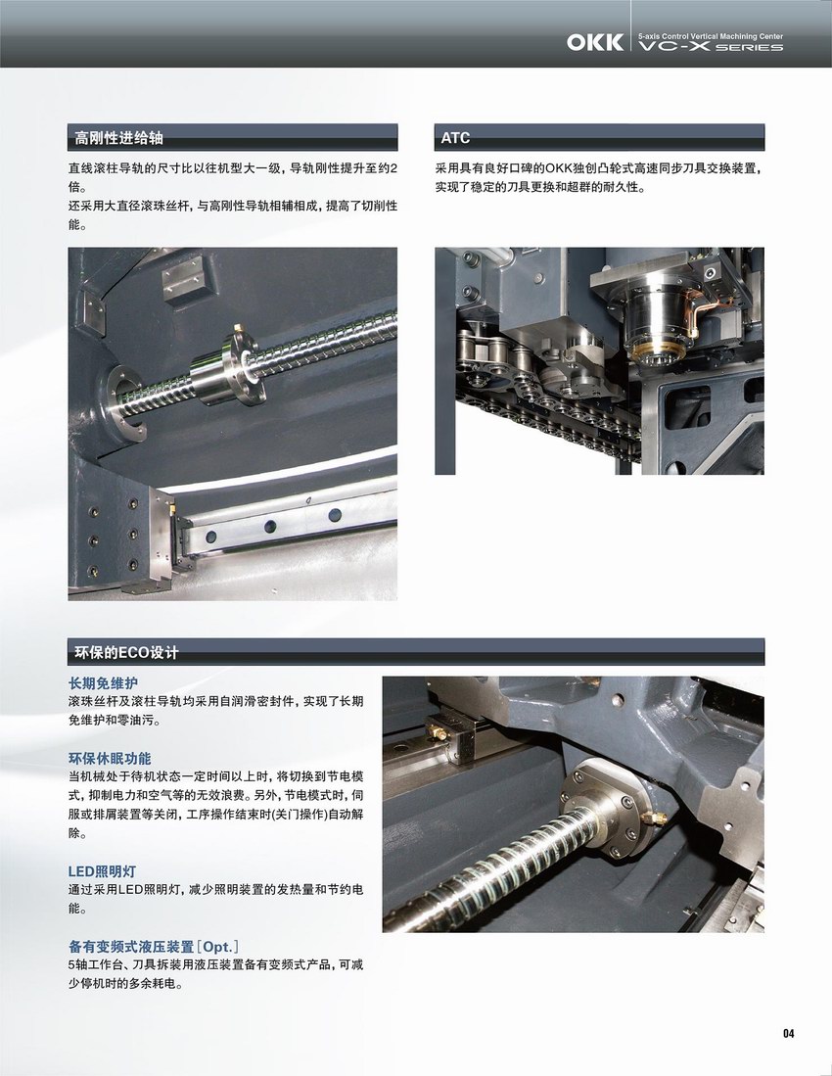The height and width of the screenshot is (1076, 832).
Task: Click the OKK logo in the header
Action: tap(595, 42)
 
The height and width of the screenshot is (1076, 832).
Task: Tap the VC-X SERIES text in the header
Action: tap(711, 47)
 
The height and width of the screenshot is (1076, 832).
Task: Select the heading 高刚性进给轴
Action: tap(118, 138)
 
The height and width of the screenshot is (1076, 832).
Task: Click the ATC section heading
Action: tap(455, 138)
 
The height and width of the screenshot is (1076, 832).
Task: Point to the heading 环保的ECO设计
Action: tap(126, 652)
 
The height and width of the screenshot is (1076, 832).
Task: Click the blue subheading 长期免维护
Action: tap(103, 683)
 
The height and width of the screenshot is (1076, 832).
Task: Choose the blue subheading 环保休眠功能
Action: tap(110, 758)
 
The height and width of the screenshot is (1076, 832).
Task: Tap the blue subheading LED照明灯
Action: tap(102, 871)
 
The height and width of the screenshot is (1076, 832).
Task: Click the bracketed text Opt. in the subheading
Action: tap(217, 947)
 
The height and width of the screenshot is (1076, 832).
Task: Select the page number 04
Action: tap(788, 1033)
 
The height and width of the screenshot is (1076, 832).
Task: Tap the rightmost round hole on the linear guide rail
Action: tap(335, 515)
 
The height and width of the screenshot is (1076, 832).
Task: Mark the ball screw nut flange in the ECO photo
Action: tap(607, 809)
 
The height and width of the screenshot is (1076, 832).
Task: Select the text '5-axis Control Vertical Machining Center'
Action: tap(711, 36)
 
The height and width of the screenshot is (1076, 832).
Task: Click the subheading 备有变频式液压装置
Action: tap(131, 947)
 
